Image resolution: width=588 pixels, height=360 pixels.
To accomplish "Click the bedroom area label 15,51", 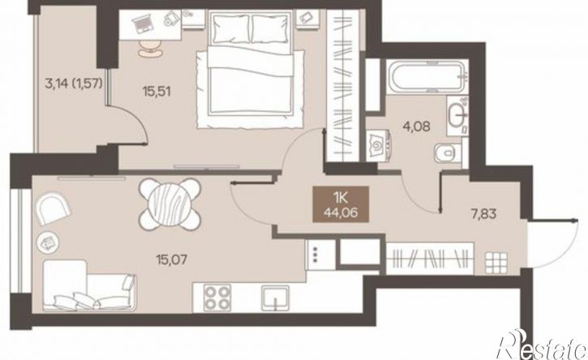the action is click(157, 91).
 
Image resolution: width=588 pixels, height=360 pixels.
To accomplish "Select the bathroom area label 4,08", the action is click(416, 126).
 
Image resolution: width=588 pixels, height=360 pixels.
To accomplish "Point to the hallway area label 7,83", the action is click(483, 214).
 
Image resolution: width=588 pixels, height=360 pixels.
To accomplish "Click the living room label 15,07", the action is click(172, 259).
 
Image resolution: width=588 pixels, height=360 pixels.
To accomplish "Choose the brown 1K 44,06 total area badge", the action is click(341, 205).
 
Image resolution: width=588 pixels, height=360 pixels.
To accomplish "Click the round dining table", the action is click(170, 204).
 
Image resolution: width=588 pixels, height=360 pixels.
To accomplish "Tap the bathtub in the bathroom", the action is click(427, 77).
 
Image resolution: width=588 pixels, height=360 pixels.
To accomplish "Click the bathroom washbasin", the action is click(457, 114).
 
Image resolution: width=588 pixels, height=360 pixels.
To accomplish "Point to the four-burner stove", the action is click(217, 298).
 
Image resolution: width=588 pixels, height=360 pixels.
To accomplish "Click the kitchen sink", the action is click(276, 298).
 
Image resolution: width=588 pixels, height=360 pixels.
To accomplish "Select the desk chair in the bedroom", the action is click(151, 48).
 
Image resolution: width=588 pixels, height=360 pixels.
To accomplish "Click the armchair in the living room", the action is click(53, 208).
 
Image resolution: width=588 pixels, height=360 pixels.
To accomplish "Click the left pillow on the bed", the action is click(230, 28).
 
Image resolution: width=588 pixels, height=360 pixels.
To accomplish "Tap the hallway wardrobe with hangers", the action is click(430, 259).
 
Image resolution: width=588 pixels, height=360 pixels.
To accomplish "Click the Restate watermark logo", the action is click(541, 345).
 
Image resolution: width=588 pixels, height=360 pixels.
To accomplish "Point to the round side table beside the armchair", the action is click(48, 242).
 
